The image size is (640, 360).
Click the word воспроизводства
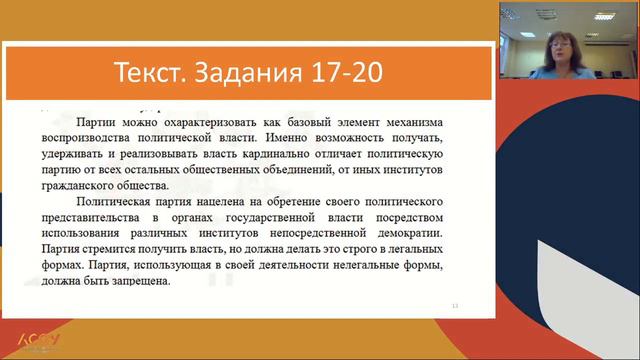88,134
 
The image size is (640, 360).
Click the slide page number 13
456,305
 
